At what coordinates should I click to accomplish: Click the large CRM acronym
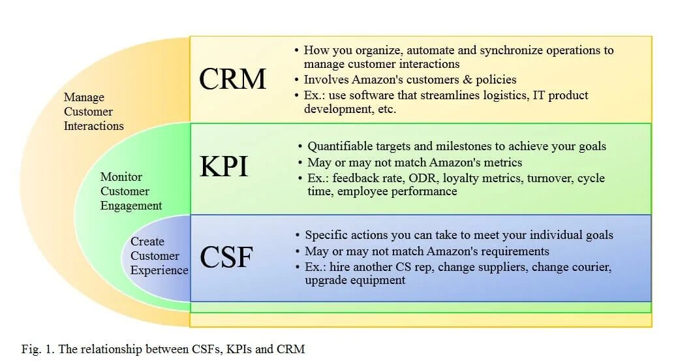click(232, 80)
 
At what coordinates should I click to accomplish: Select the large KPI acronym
click(224, 167)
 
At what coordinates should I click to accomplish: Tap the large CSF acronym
click(226, 257)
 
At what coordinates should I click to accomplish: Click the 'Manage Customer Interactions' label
click(93, 112)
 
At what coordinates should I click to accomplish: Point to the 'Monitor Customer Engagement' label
click(131, 191)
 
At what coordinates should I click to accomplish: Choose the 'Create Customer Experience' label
click(159, 256)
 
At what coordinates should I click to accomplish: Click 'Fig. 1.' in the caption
click(38, 349)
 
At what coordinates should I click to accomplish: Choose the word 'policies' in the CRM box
click(495, 80)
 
